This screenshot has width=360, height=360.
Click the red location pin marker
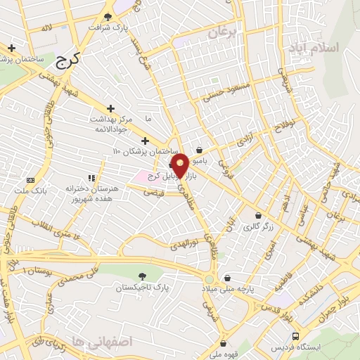point(180,165)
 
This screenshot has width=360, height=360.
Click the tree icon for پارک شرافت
point(108,16)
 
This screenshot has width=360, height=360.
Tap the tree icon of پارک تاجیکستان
point(143,276)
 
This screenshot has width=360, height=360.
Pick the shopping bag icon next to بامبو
point(200,150)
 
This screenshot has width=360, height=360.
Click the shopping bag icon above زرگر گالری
point(259,216)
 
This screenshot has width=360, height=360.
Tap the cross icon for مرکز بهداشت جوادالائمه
point(110,108)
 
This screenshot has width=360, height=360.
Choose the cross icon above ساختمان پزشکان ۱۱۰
point(146,141)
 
